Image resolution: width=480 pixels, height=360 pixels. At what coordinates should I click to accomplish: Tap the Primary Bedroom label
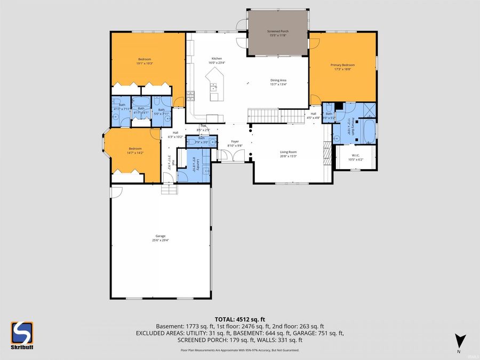pyautogui.click(x=342, y=67)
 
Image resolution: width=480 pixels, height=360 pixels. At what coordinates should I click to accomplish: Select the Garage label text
pyautogui.click(x=161, y=237)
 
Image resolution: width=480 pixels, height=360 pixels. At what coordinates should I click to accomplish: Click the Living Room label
pyautogui.click(x=289, y=154)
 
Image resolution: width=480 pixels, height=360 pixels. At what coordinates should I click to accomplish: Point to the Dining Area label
pyautogui.click(x=278, y=82)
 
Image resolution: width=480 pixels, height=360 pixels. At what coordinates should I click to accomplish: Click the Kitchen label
pyautogui.click(x=217, y=60)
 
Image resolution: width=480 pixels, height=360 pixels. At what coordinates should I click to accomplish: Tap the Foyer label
pyautogui.click(x=235, y=143)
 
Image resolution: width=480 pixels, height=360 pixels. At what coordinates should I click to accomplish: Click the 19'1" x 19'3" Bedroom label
pyautogui.click(x=145, y=61)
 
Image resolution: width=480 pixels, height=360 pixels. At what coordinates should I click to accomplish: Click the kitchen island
pyautogui.click(x=216, y=85)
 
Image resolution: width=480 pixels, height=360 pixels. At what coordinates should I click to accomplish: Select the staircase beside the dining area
pyautogui.click(x=269, y=115)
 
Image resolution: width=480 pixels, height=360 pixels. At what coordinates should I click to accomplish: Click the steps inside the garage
pyautogui.click(x=169, y=189)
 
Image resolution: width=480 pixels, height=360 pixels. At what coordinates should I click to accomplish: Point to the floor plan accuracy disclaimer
pyautogui.click(x=240, y=350)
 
